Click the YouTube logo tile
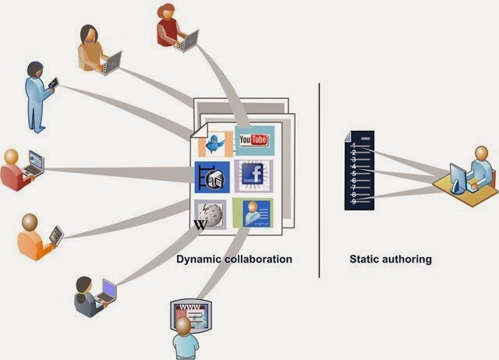pyautogui.click(x=254, y=140)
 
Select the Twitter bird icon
pyautogui.click(x=214, y=143)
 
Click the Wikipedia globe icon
pyautogui.click(x=211, y=213)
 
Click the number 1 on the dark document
pyautogui.click(x=354, y=145)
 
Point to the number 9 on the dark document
pyautogui.click(x=354, y=202)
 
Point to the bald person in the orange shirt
pyautogui.click(x=34, y=233)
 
